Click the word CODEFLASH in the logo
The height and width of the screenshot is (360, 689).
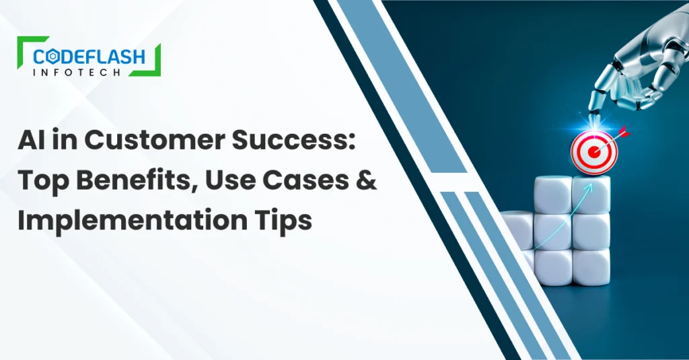89,57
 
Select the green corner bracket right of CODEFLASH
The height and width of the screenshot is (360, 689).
155,63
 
